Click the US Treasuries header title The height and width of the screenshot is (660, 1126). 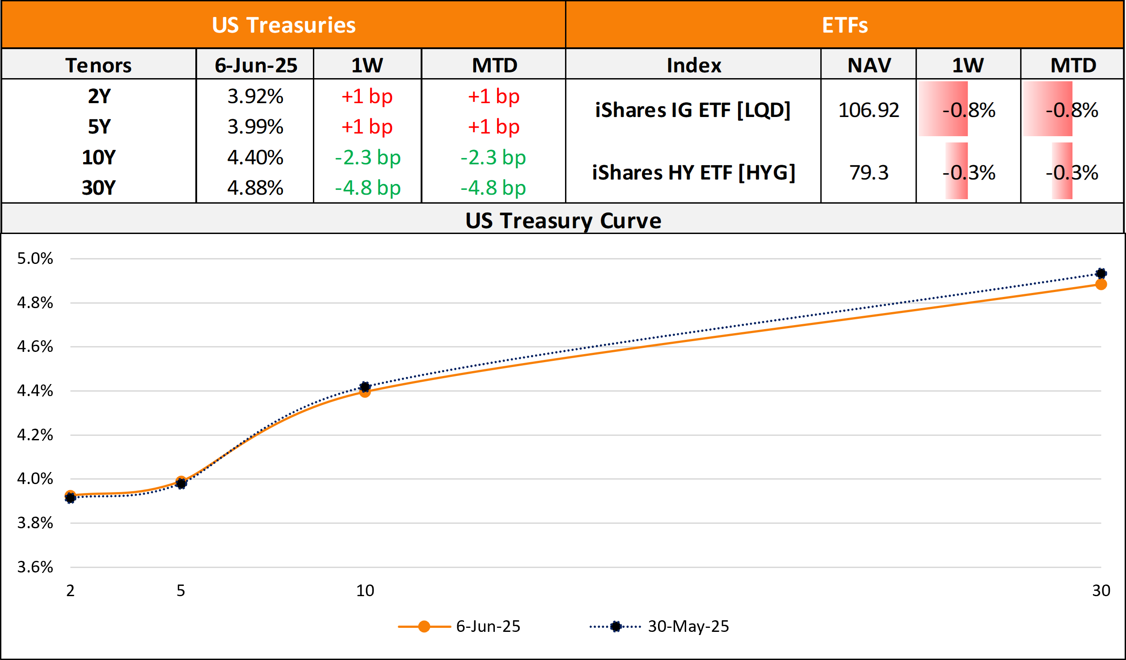click(x=283, y=25)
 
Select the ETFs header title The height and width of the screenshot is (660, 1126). click(x=844, y=25)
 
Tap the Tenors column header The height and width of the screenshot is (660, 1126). click(x=98, y=65)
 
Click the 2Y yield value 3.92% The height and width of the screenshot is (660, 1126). click(x=255, y=96)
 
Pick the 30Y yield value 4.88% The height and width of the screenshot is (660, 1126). click(x=255, y=188)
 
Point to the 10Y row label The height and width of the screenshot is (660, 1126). click(x=98, y=157)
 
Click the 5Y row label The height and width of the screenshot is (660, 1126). click(x=98, y=127)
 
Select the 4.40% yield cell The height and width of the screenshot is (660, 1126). click(x=255, y=157)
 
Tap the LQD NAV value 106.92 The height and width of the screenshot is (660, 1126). click(x=869, y=110)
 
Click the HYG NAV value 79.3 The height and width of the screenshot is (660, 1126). click(x=869, y=172)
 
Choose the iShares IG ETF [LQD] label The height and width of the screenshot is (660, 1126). click(x=693, y=110)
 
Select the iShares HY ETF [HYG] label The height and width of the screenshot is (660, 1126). click(x=694, y=172)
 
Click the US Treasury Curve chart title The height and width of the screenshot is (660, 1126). click(x=563, y=220)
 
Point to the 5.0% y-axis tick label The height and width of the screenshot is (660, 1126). click(x=35, y=258)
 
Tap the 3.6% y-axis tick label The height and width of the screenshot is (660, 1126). click(x=35, y=567)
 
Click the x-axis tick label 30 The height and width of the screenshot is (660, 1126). click(x=1101, y=590)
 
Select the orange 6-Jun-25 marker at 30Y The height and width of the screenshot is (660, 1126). click(x=1101, y=284)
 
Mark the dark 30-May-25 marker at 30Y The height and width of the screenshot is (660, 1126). click(x=1101, y=273)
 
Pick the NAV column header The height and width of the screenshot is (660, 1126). click(x=869, y=65)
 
